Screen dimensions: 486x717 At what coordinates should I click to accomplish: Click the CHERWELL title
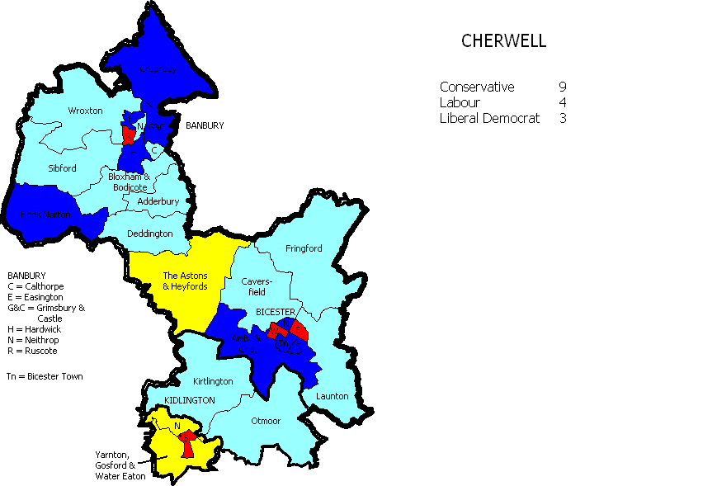point(503,41)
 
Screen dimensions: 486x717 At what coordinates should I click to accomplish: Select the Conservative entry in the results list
point(477,87)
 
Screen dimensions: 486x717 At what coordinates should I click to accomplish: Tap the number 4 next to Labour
point(562,103)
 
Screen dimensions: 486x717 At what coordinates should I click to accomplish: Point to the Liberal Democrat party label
point(489,119)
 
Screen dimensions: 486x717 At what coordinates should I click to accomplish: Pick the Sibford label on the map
point(62,168)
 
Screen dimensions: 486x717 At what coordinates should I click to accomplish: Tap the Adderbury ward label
point(158,201)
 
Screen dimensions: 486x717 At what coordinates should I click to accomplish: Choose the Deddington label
point(150,234)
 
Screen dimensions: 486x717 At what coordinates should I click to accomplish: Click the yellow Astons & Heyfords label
point(185,281)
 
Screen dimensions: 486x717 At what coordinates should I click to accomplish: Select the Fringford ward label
point(304,248)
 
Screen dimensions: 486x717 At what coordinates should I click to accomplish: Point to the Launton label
point(333,396)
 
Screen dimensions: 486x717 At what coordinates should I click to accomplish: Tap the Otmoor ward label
point(265,421)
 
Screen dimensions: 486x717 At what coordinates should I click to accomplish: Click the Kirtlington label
point(213,382)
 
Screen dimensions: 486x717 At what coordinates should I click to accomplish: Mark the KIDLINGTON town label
point(190,400)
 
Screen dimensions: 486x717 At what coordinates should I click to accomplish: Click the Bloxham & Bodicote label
point(130,182)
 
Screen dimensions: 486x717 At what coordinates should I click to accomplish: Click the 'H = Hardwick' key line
point(34,329)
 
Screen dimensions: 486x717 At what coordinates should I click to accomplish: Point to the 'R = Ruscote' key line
point(32,351)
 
